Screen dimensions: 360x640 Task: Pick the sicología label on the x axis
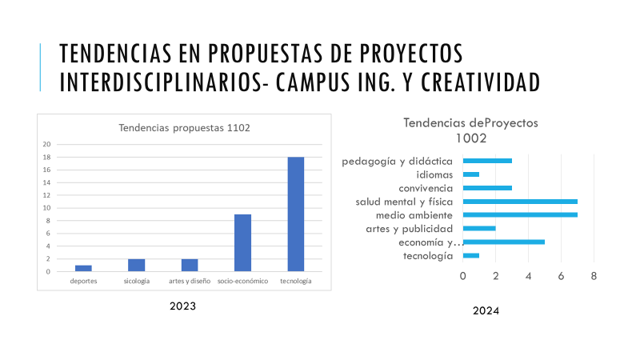136,282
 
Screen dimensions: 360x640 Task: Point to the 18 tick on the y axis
46,157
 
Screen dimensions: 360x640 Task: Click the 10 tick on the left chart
46,208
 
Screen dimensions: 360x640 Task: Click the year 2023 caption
182,306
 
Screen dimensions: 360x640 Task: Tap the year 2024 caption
486,311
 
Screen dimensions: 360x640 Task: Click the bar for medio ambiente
520,215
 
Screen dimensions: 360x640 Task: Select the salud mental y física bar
520,202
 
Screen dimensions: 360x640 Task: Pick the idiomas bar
471,174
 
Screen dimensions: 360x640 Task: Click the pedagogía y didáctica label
398,161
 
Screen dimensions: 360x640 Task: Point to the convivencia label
426,188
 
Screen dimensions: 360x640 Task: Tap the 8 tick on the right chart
594,276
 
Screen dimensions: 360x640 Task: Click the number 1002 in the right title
471,138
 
